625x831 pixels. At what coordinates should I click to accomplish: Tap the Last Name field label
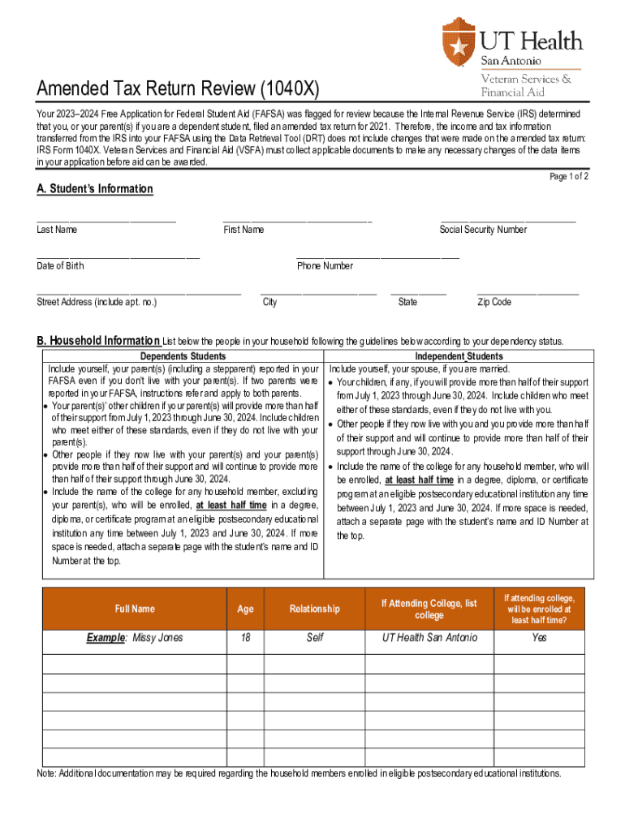(57, 230)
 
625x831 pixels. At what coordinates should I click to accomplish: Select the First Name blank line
(297, 220)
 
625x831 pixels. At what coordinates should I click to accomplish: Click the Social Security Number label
(483, 230)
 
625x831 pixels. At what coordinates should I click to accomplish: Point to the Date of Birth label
(60, 266)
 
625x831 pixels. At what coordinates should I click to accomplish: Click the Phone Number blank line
(377, 256)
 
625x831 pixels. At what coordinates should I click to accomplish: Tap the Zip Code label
(494, 302)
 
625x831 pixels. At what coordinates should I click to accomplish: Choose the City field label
(269, 302)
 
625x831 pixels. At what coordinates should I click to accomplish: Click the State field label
(407, 302)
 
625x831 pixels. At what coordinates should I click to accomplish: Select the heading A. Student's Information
(94, 189)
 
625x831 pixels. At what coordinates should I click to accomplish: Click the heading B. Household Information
(98, 341)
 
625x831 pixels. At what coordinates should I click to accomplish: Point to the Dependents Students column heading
(183, 356)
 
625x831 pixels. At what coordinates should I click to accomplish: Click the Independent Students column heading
(459, 356)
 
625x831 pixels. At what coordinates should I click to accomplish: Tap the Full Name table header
(134, 609)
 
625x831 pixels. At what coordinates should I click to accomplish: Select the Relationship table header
(315, 609)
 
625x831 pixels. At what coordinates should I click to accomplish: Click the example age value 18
(245, 638)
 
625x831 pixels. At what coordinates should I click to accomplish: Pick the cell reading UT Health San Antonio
(429, 638)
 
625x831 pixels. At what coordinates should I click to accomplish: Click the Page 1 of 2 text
(569, 177)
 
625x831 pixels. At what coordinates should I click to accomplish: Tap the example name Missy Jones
(135, 638)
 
